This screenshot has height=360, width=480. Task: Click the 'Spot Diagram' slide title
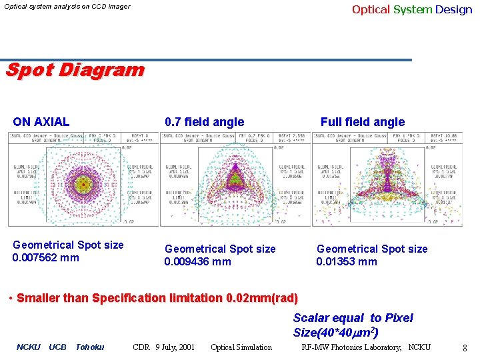pos(75,69)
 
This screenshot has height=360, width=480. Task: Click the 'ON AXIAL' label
pos(41,122)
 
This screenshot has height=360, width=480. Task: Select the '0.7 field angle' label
pos(204,122)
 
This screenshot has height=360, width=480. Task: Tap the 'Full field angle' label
pos(362,122)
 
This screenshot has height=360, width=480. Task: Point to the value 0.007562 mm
pos(46,257)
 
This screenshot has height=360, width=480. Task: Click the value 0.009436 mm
pos(198,261)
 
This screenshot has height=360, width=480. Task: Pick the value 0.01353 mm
pos(347,261)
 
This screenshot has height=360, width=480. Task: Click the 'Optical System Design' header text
pos(411,9)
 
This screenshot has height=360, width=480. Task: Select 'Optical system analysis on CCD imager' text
pos(67,7)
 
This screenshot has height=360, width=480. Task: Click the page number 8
pos(465,347)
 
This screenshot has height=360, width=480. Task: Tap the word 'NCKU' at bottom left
pos(28,347)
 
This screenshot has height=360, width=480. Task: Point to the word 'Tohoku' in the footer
pos(90,347)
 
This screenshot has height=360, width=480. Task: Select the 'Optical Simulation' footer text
pos(241,347)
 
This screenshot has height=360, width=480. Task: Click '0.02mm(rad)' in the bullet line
pos(263,298)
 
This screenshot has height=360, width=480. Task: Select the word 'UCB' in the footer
pos(58,347)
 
